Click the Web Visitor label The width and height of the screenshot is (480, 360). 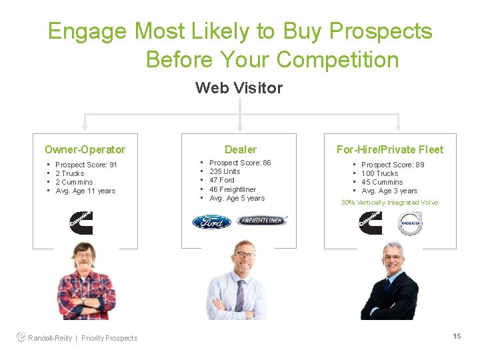(x=239, y=88)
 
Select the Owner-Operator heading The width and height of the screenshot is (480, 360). (x=85, y=149)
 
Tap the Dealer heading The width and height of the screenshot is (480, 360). (x=240, y=149)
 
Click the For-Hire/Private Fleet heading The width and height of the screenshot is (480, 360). (x=389, y=149)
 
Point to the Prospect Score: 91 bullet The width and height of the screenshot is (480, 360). (x=86, y=165)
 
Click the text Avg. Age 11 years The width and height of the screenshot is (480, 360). (x=85, y=191)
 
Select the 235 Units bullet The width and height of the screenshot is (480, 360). (x=225, y=171)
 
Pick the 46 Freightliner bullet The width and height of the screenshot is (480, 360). (x=232, y=189)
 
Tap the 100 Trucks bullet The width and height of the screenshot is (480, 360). (x=379, y=173)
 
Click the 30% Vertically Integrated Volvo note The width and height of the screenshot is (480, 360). (x=389, y=203)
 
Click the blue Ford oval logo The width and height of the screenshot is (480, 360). (x=211, y=221)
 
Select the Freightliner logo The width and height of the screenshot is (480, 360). (x=262, y=221)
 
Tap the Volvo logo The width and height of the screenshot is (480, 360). (x=410, y=223)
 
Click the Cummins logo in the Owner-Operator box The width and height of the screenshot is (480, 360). (x=82, y=223)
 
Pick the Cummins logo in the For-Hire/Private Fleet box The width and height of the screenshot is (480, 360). (x=371, y=223)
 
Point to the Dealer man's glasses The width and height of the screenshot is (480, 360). (x=244, y=255)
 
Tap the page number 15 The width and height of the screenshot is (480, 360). (x=457, y=336)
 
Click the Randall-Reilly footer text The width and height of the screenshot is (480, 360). (x=51, y=338)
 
